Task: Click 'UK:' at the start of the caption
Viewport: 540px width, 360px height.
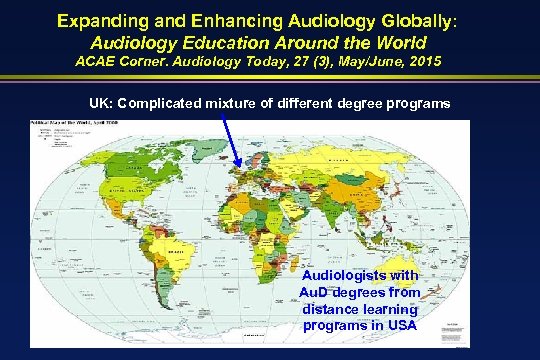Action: (103, 104)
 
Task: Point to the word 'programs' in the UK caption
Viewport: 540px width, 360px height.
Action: (418, 104)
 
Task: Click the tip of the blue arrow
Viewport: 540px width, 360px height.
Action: (241, 169)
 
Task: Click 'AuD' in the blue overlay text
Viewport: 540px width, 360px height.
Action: (318, 292)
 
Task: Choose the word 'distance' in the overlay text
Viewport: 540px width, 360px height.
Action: (332, 308)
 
